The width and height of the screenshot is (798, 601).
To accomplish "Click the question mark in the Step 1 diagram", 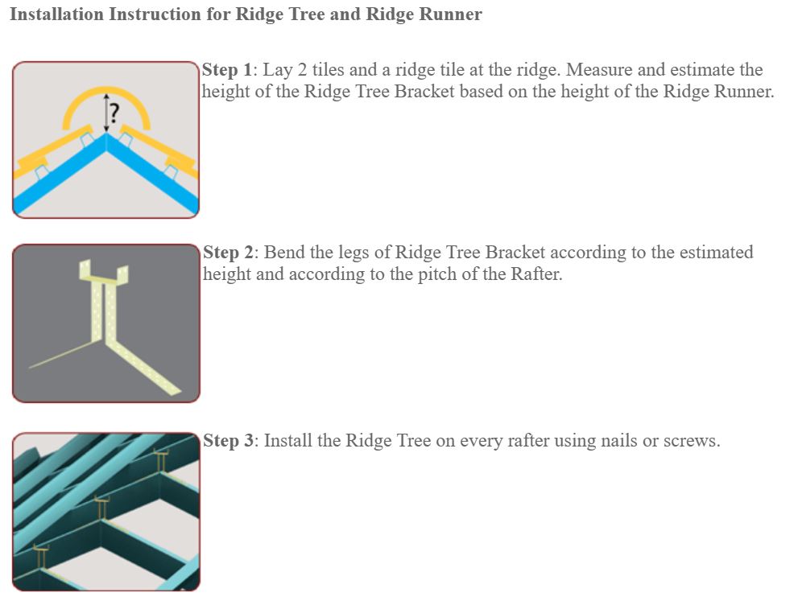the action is click(x=114, y=113).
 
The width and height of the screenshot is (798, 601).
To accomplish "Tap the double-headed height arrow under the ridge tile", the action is click(x=105, y=113).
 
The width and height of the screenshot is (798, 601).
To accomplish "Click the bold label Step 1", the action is click(x=227, y=70).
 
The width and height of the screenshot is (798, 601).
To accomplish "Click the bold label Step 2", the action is click(x=228, y=252).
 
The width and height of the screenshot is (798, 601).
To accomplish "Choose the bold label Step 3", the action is click(x=228, y=440).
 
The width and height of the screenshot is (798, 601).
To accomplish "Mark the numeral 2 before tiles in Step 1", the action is click(x=302, y=70).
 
